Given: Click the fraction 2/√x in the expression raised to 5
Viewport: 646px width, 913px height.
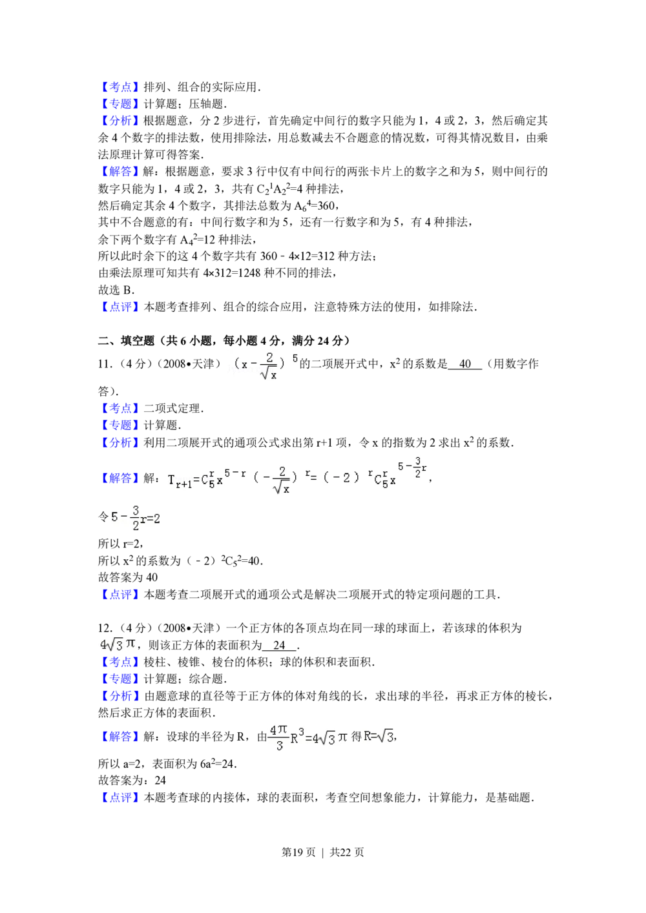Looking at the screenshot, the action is point(270,366).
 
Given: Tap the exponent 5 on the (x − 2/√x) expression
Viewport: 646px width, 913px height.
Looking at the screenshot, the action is point(295,358).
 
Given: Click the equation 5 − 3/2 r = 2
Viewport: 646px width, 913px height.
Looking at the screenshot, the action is point(134,518).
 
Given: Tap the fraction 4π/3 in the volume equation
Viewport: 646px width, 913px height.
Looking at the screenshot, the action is point(278,737).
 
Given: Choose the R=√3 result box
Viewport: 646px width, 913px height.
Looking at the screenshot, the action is point(379,736).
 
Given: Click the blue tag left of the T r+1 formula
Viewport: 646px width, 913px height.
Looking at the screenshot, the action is point(120,478).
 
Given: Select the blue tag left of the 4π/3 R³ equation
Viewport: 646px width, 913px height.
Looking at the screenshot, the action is point(120,736).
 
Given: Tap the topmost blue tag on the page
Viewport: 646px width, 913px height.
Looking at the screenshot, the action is point(120,86).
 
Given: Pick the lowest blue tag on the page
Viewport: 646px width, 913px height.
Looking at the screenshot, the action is point(120,797).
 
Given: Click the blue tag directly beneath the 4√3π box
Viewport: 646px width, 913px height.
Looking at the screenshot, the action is point(120,662).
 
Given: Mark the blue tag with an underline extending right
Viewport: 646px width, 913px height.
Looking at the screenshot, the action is point(120,408).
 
